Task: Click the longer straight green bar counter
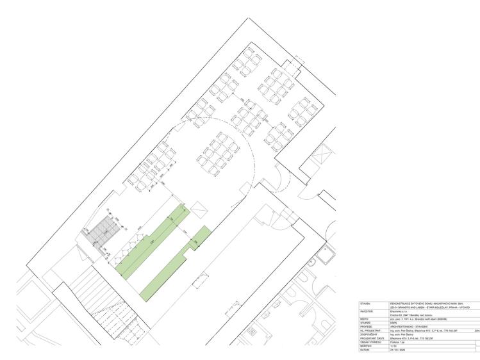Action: coord(153,242)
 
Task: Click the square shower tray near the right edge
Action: coord(327,255)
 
